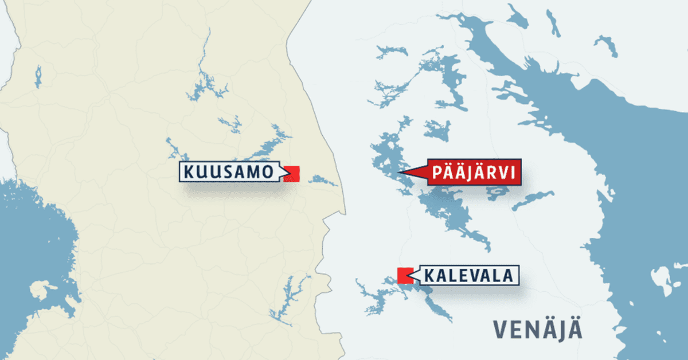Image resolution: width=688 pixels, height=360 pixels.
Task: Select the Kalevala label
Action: tap(468, 276)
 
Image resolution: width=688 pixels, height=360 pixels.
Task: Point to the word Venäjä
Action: tap(537, 330)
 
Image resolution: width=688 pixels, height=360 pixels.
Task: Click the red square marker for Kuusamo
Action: tap(292, 174)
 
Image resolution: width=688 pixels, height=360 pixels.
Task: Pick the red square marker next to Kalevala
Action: tap(405, 276)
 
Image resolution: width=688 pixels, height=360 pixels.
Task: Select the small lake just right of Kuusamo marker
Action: tap(323, 181)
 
